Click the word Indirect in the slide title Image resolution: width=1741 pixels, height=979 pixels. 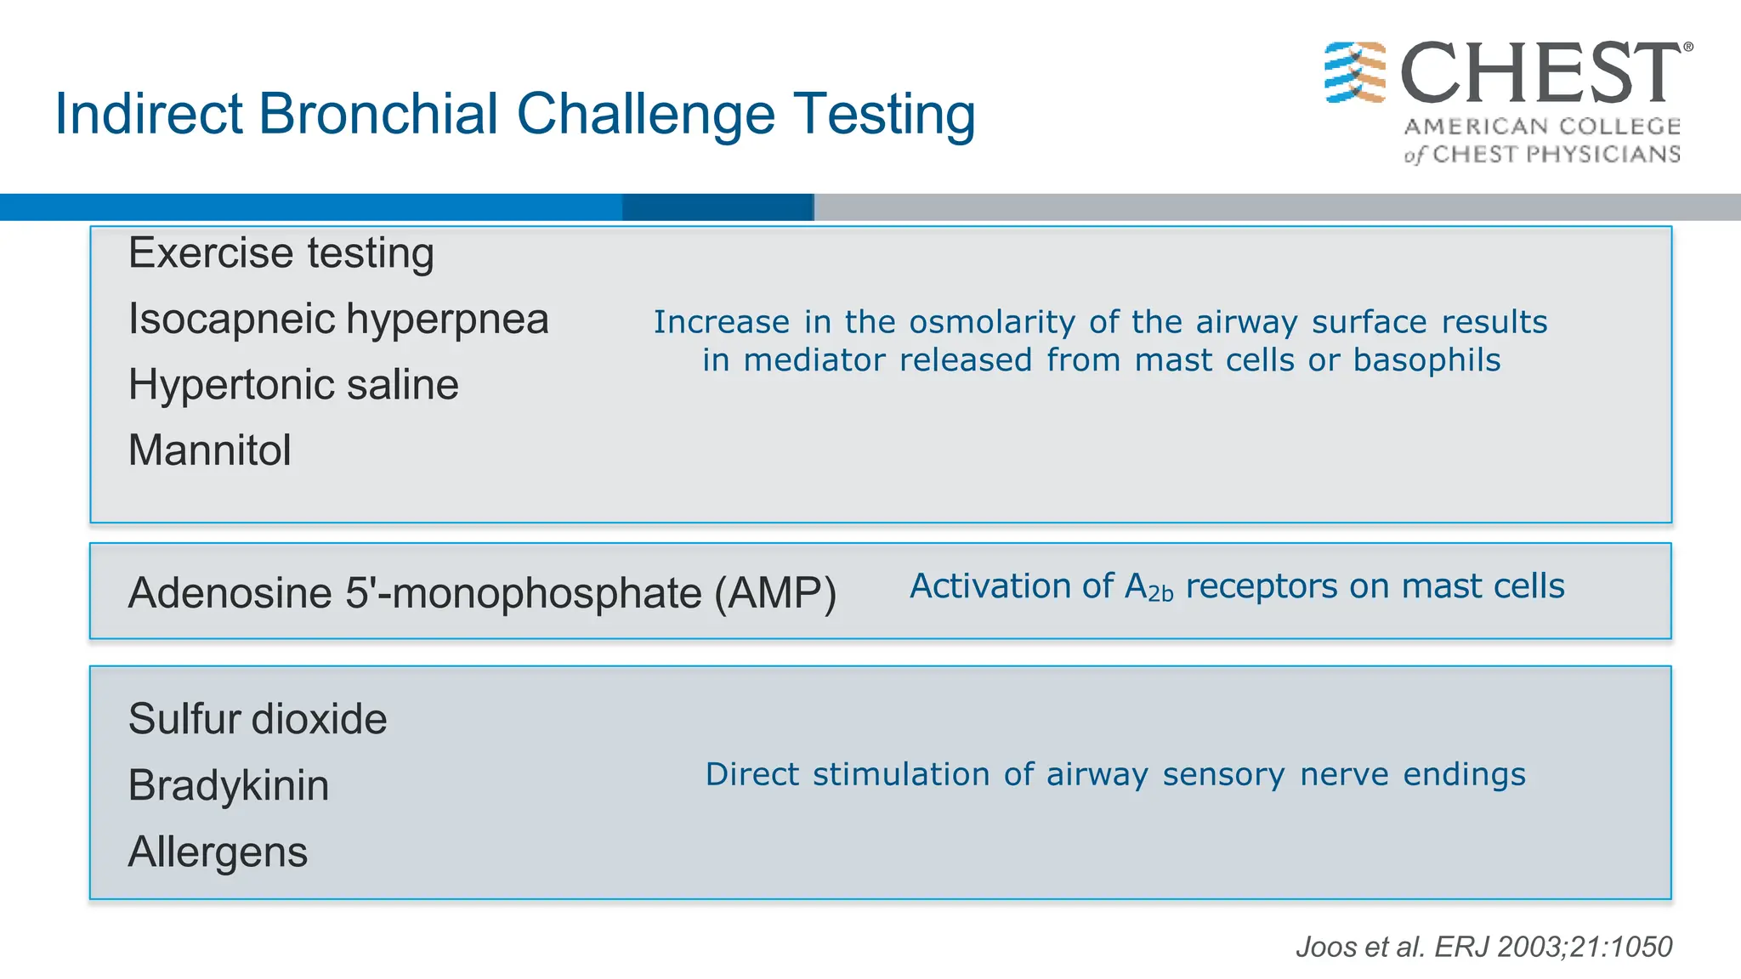[x=148, y=114]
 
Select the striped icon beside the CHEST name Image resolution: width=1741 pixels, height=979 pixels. [x=1355, y=72]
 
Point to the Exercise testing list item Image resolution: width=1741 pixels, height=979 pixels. [x=281, y=254]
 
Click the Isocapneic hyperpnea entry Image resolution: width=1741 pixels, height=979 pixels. [x=337, y=320]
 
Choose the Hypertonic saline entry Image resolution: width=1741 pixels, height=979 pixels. [x=293, y=385]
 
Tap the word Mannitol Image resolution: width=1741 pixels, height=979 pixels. [x=209, y=450]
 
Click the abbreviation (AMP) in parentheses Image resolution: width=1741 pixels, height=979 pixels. [x=774, y=593]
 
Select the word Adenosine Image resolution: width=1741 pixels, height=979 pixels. [x=230, y=593]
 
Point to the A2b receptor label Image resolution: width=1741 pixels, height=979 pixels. [x=1148, y=587]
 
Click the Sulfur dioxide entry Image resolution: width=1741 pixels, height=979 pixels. [x=257, y=720]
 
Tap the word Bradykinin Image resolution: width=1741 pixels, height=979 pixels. [x=228, y=785]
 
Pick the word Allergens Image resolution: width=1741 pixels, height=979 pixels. [x=218, y=852]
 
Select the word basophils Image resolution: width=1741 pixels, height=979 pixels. [x=1426, y=361]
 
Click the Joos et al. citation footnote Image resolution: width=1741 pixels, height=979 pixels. [x=1483, y=947]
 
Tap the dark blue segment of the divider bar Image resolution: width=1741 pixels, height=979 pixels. [x=717, y=207]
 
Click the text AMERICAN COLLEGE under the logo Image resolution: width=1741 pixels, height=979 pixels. [x=1542, y=127]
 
